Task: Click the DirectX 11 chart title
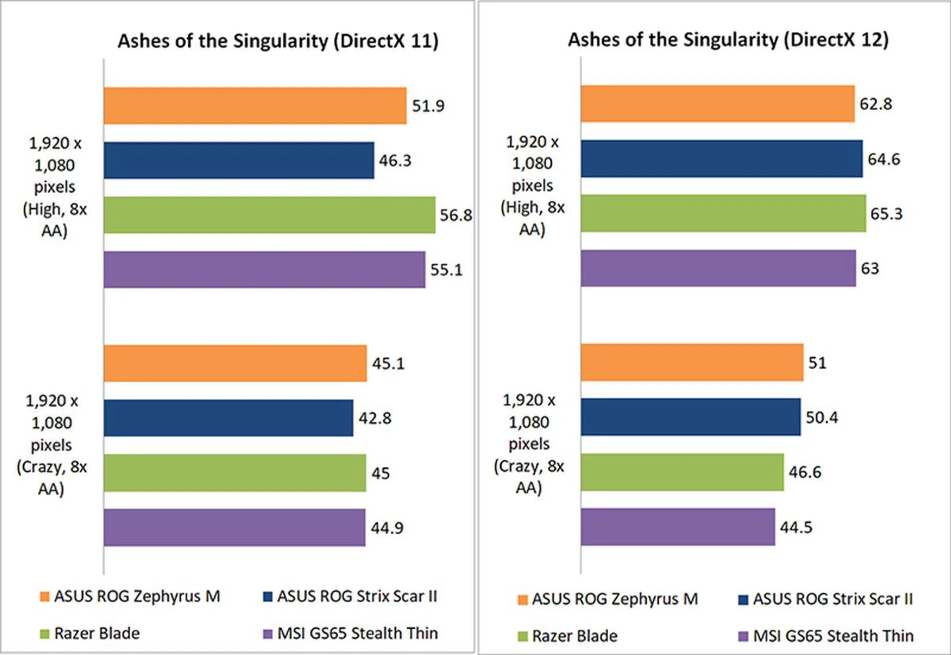[x=278, y=41]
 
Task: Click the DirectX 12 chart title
[x=728, y=40]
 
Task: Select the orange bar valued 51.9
[x=255, y=106]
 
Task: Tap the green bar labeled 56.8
[x=269, y=215]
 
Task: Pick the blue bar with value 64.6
[x=722, y=159]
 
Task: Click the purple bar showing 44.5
[x=678, y=527]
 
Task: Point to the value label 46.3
[x=395, y=161]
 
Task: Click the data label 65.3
[x=886, y=214]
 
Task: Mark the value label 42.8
[x=375, y=418]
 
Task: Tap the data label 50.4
[x=822, y=417]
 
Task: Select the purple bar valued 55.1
[x=264, y=270]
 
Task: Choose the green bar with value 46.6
[x=682, y=472]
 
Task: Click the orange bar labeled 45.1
[x=235, y=363]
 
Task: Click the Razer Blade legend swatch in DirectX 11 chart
[x=45, y=634]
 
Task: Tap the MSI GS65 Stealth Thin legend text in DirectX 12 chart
[x=833, y=636]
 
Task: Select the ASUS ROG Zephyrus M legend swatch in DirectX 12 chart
[x=523, y=600]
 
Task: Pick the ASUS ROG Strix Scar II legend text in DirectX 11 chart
[x=357, y=596]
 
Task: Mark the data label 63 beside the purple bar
[x=870, y=269]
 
